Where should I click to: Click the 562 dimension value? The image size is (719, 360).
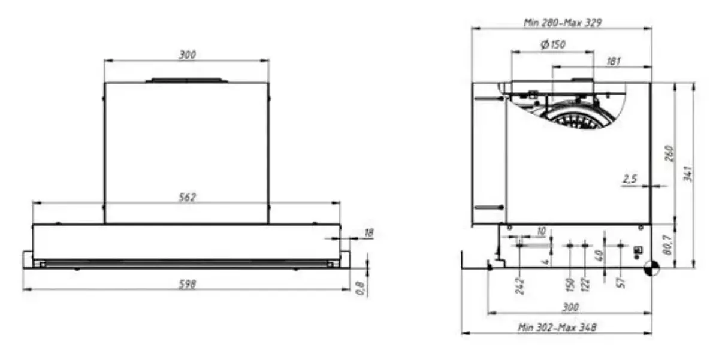[x=187, y=197]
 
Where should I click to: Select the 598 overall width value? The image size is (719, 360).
[x=187, y=284]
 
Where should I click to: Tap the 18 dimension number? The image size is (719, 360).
[x=369, y=233]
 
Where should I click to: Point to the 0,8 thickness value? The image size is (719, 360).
[x=360, y=288]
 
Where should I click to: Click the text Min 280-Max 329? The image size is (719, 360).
[x=563, y=22]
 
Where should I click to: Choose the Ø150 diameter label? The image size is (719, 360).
[x=553, y=44]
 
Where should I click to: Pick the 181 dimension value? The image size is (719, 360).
[x=614, y=61]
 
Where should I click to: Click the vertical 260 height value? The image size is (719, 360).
[x=669, y=153]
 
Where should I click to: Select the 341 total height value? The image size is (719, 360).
[x=688, y=174]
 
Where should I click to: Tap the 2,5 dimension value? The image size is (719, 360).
[x=630, y=179]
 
